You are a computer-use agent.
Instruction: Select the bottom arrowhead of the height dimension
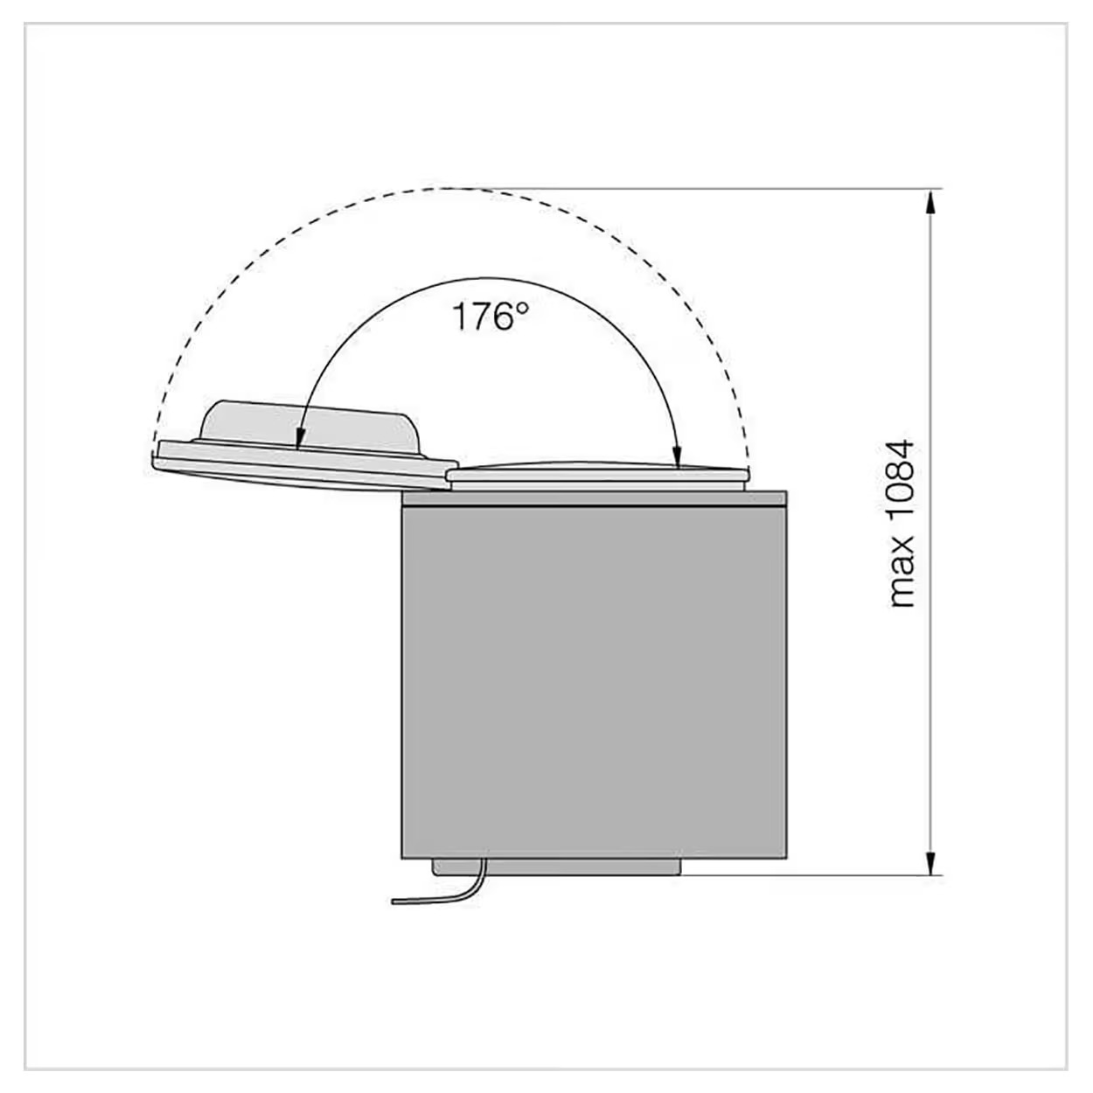coord(929,862)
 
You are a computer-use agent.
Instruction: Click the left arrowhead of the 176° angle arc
coord(300,437)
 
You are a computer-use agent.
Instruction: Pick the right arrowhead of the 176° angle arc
coord(676,455)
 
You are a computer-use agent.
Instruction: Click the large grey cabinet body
coord(594,680)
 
